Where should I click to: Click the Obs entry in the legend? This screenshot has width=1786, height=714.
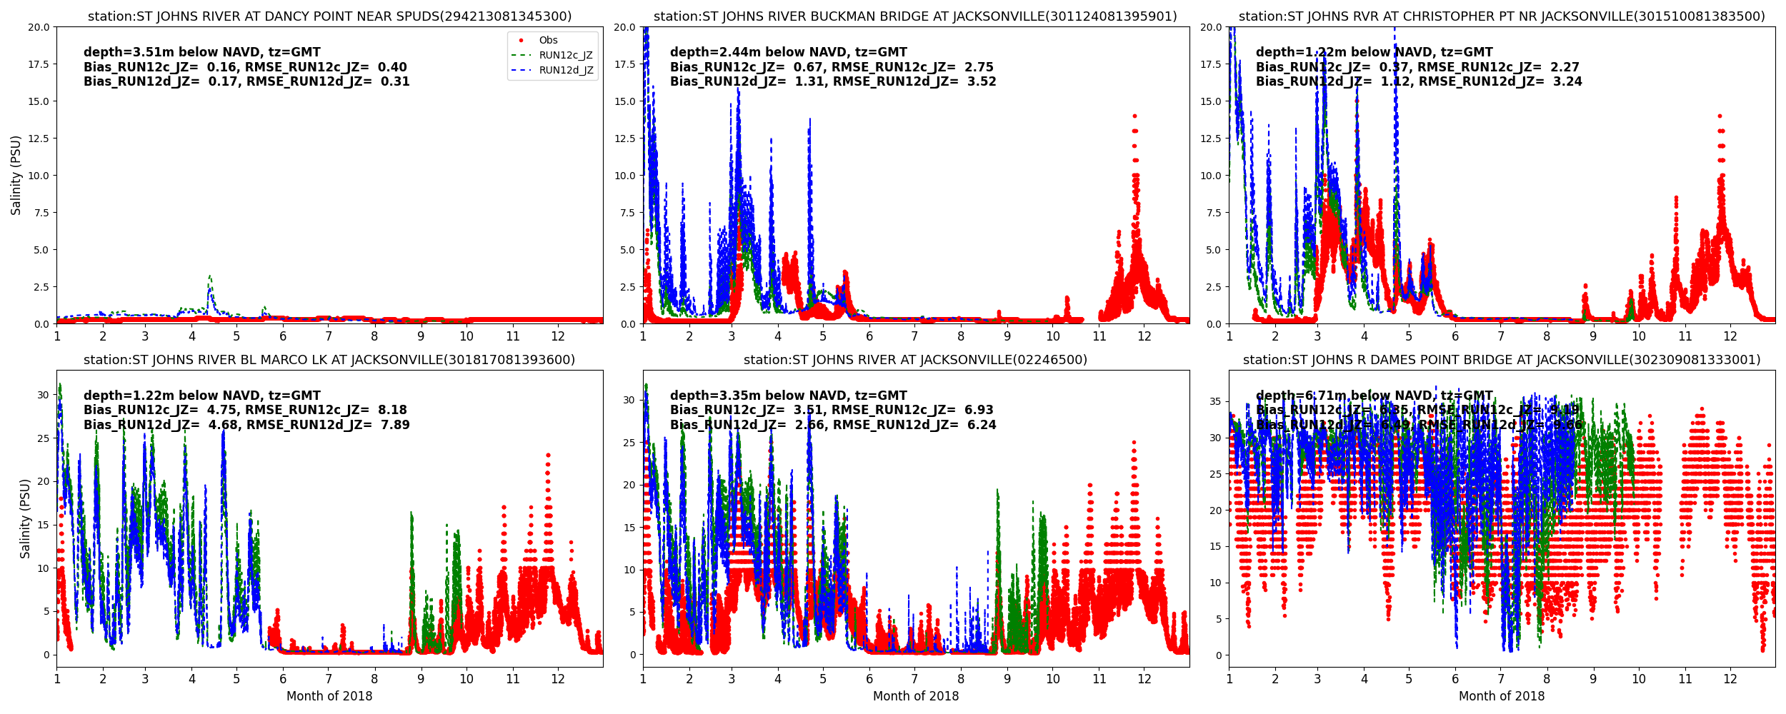[x=548, y=41]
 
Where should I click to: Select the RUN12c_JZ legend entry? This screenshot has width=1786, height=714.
[x=565, y=56]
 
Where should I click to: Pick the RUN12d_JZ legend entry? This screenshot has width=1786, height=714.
[x=565, y=70]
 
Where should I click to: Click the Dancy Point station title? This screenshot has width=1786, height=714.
[x=329, y=16]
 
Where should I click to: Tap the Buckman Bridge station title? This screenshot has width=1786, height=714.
[x=915, y=16]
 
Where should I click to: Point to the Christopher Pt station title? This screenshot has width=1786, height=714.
[x=1502, y=16]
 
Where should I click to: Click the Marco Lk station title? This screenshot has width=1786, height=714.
[x=329, y=360]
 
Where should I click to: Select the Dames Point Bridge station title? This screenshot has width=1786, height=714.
[x=1502, y=360]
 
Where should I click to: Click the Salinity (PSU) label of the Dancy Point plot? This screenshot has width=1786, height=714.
[x=16, y=175]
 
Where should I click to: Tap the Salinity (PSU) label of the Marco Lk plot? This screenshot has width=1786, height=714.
[x=25, y=518]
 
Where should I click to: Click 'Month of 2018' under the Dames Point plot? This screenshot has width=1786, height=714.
[x=1502, y=696]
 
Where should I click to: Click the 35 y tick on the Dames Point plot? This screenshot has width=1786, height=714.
[x=1214, y=402]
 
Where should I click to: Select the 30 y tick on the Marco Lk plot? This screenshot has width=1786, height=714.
[x=43, y=395]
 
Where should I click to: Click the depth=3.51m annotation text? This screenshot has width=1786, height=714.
[x=202, y=52]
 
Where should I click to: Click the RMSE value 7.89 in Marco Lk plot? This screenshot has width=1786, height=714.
[x=394, y=425]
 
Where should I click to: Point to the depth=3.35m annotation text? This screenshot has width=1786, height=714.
[x=789, y=396]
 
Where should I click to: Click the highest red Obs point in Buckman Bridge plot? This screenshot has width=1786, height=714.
[x=1134, y=116]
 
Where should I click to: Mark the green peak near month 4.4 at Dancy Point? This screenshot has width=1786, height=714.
[x=209, y=276]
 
